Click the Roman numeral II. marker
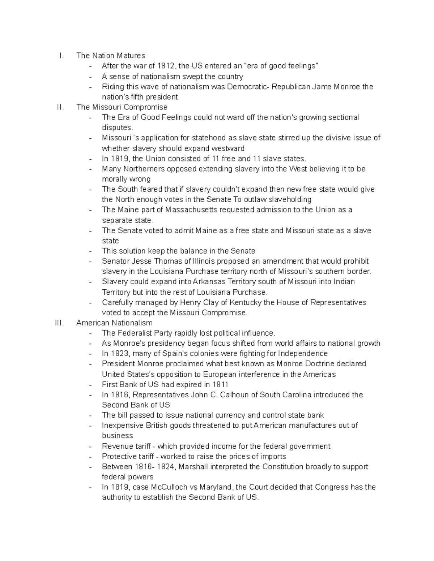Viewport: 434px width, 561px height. click(x=60, y=107)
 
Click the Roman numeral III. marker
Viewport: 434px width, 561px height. click(x=59, y=323)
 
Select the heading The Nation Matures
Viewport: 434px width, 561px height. click(x=111, y=56)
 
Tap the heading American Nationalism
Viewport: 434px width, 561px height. click(x=114, y=323)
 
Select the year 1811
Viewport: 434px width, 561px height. click(x=220, y=384)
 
